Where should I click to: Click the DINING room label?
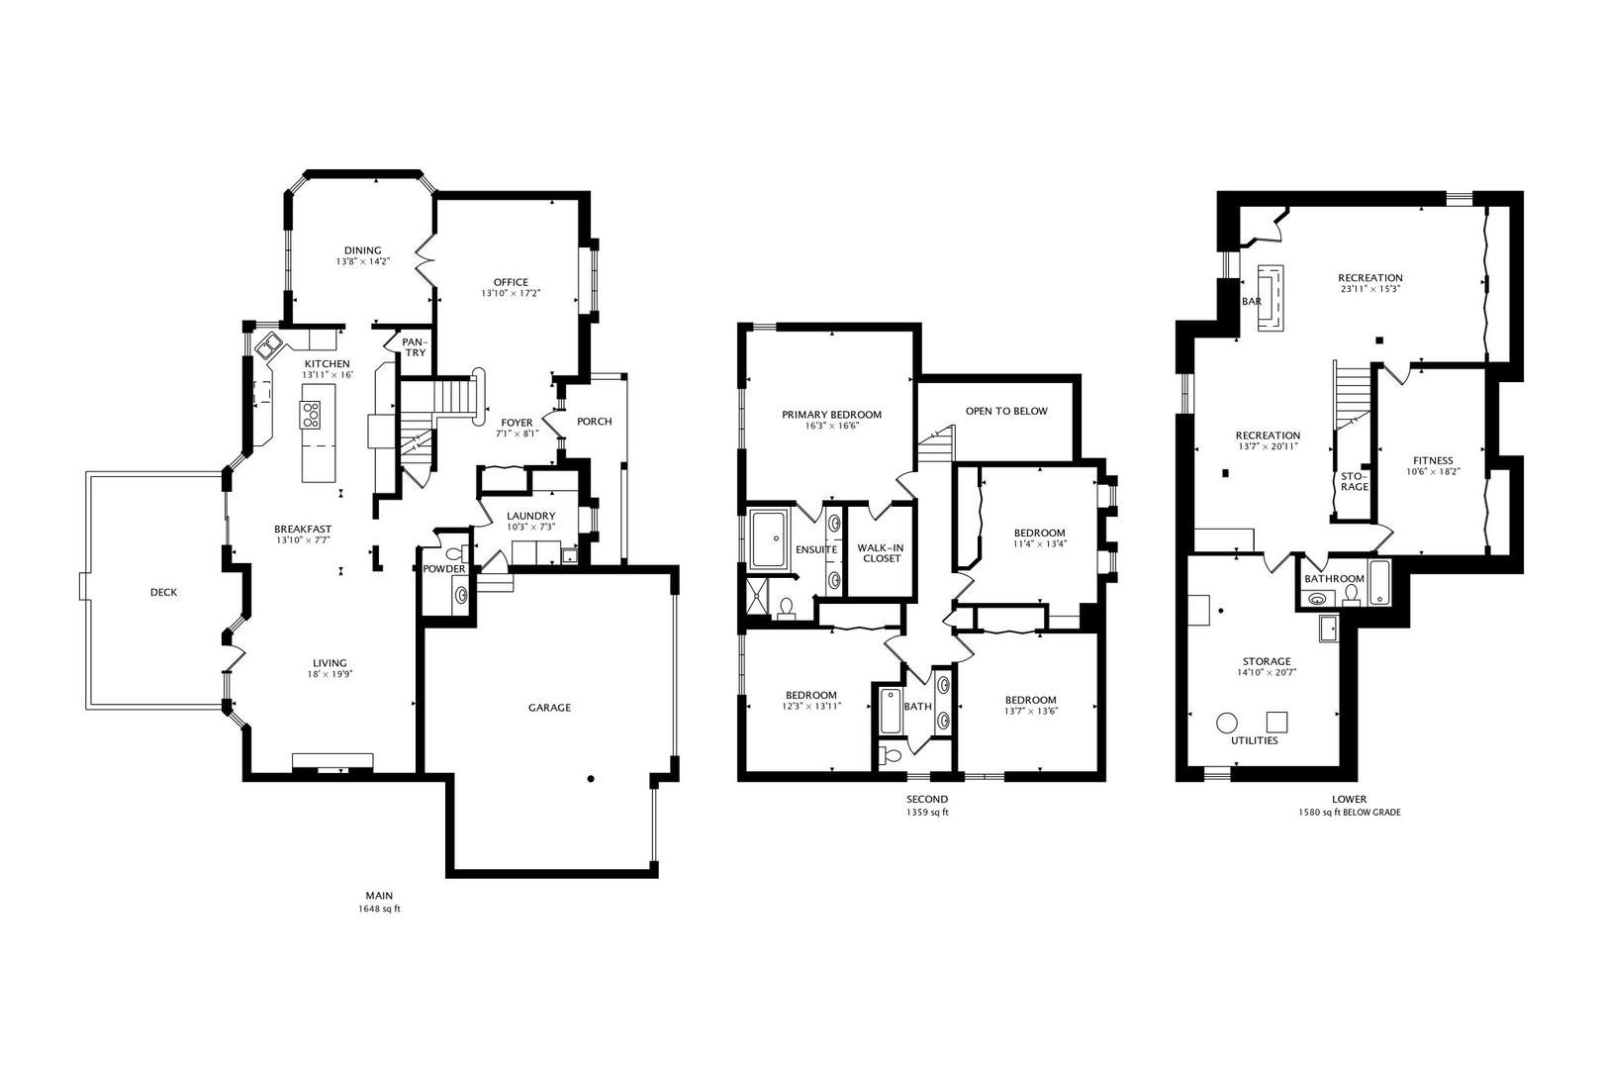point(363,250)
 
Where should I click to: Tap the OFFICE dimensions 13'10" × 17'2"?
point(511,293)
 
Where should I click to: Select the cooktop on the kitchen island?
point(311,416)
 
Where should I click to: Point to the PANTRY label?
point(415,347)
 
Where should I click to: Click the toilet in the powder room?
point(454,553)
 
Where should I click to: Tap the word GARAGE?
point(549,708)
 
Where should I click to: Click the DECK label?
point(164,592)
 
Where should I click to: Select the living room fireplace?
point(332,762)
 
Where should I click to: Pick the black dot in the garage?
point(591,778)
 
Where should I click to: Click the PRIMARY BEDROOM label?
point(831,415)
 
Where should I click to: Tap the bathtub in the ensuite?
point(768,538)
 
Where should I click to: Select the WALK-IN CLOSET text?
point(882,552)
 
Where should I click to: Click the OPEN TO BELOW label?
point(1006,411)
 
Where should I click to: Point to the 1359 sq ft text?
point(927,813)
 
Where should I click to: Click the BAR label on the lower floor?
point(1252,302)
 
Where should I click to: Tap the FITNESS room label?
point(1433,460)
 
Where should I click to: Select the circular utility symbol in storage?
point(1227,723)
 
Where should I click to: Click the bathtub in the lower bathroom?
point(1379,583)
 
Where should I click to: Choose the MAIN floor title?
point(379,895)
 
